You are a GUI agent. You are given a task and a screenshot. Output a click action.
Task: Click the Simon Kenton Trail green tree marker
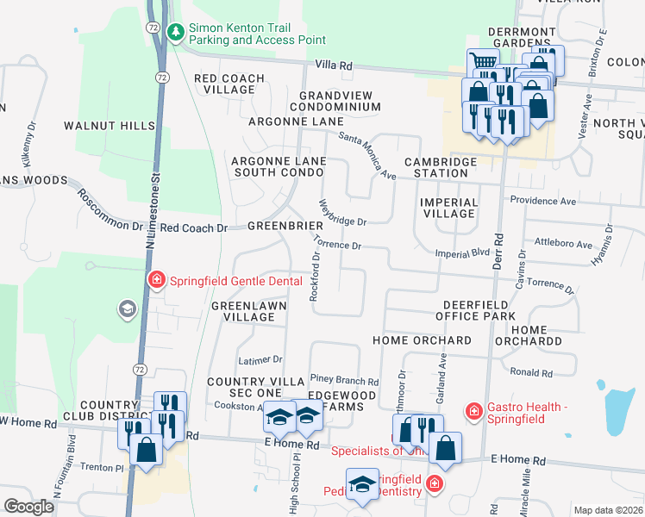click(x=177, y=32)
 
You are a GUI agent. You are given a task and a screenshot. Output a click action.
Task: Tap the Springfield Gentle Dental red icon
click(x=157, y=279)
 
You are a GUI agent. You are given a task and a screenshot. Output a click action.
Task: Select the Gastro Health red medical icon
click(x=473, y=412)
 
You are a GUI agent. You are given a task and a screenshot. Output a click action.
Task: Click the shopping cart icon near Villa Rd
click(x=483, y=63)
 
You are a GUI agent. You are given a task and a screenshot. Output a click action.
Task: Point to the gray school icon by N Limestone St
click(x=128, y=309)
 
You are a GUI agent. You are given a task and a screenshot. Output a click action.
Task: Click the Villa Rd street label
click(x=335, y=65)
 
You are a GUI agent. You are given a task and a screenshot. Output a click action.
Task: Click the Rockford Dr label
click(x=316, y=276)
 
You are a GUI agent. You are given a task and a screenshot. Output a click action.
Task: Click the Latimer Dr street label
click(x=260, y=359)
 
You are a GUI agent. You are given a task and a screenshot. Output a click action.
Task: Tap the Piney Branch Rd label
click(x=344, y=381)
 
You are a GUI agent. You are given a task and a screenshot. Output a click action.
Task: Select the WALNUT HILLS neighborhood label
click(x=110, y=126)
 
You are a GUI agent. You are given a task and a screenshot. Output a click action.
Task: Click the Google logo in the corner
click(x=29, y=507)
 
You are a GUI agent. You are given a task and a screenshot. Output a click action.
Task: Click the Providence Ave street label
click(x=542, y=201)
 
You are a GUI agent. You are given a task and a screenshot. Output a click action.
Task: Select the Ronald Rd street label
click(x=531, y=372)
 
